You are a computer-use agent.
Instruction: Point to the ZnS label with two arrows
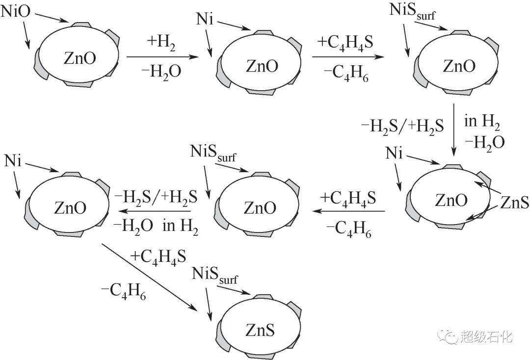click(x=514, y=202)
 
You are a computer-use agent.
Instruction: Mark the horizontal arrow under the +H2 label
click(x=162, y=57)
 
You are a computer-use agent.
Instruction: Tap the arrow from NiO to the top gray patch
click(x=53, y=18)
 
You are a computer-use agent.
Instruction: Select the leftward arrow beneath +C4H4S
click(x=348, y=211)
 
